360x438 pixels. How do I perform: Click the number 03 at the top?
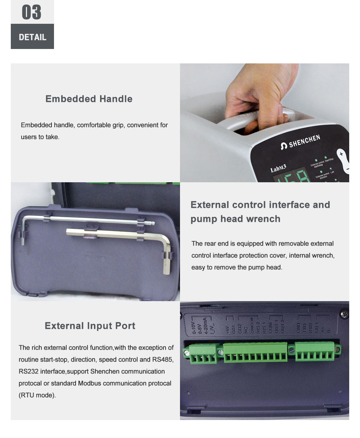point(32,12)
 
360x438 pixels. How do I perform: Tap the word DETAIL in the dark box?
point(32,37)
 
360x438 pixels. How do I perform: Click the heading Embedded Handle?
point(89,99)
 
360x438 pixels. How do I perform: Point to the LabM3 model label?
point(278,169)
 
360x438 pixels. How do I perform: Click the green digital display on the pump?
point(292,176)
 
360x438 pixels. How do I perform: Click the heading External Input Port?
point(90,326)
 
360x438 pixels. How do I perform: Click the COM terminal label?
point(270,327)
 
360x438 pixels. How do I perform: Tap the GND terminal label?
point(298,328)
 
